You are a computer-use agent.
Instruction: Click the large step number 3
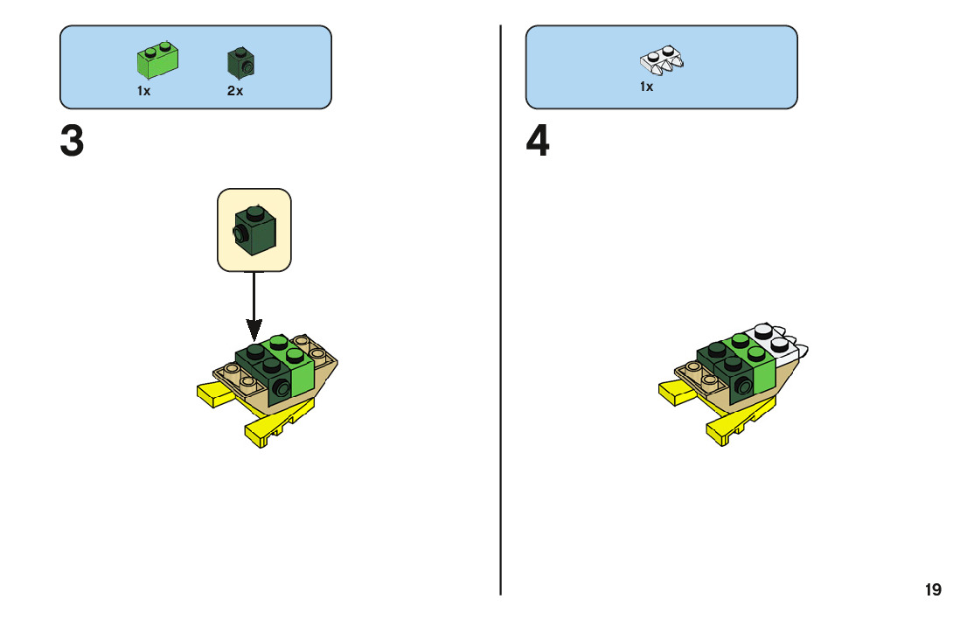pyautogui.click(x=73, y=142)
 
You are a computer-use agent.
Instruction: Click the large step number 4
pyautogui.click(x=538, y=142)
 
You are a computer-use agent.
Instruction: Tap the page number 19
pyautogui.click(x=933, y=590)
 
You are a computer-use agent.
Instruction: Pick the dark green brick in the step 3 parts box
pyautogui.click(x=241, y=61)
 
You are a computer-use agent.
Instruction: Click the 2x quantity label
pyautogui.click(x=234, y=91)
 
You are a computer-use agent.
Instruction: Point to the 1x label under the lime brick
pyautogui.click(x=143, y=91)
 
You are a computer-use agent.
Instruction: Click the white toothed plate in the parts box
pyautogui.click(x=662, y=59)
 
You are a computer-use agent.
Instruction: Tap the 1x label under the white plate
pyautogui.click(x=646, y=87)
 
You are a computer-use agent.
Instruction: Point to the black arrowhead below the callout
pyautogui.click(x=254, y=330)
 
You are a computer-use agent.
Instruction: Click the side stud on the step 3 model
pyautogui.click(x=281, y=387)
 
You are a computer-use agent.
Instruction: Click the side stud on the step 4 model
pyautogui.click(x=742, y=387)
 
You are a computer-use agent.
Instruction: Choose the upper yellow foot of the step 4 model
pyautogui.click(x=678, y=393)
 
